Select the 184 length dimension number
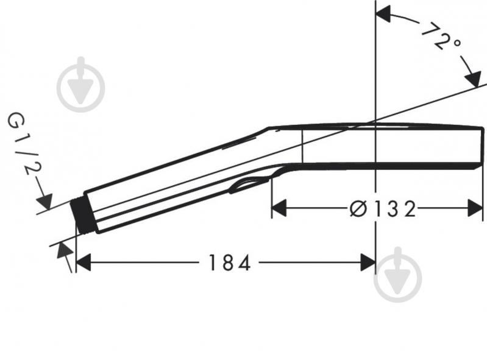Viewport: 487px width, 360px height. (229, 263)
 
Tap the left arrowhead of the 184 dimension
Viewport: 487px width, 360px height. (83, 263)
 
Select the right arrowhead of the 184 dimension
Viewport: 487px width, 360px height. (367, 263)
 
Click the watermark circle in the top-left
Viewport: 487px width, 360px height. (80, 84)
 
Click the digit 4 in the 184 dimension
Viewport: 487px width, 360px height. (244, 263)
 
